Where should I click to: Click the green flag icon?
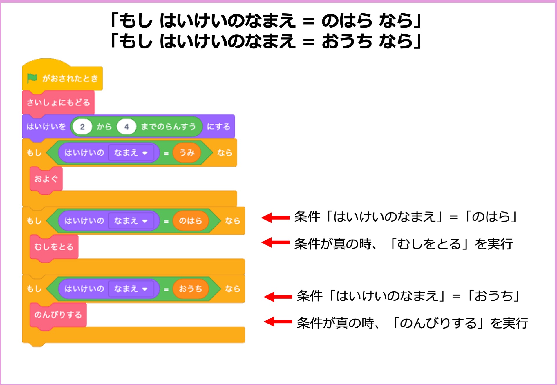tap(32, 78)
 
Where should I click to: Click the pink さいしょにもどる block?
tap(58, 102)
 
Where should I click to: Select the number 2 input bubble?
tap(82, 127)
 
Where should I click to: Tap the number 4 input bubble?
tap(126, 127)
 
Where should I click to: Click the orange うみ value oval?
tap(187, 152)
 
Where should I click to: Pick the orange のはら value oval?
tap(191, 220)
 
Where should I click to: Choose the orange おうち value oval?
tap(191, 289)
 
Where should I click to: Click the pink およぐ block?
tap(46, 179)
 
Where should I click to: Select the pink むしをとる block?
tap(54, 247)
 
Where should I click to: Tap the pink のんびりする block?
tap(58, 315)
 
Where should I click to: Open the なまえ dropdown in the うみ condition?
tap(131, 152)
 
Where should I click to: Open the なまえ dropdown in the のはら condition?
tap(131, 220)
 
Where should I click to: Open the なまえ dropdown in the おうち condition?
tap(131, 289)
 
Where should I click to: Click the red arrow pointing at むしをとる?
tap(275, 242)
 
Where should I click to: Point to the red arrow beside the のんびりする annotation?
tap(278, 322)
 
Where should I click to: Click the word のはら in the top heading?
tap(347, 21)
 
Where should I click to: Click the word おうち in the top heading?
tap(347, 41)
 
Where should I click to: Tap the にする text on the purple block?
tap(218, 127)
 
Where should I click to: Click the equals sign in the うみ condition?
tap(166, 153)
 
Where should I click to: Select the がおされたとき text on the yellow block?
tap(70, 78)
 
